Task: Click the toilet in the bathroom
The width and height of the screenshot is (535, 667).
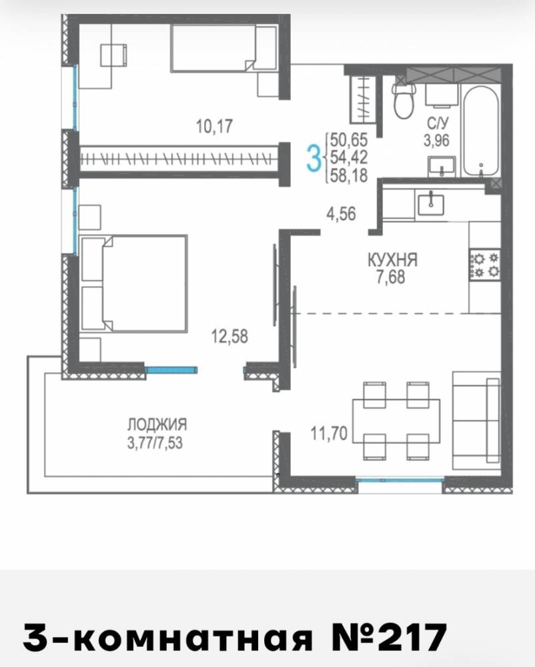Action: point(404,101)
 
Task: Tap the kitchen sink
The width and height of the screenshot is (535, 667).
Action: point(431,204)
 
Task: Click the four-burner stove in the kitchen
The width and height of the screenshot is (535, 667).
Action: point(485,264)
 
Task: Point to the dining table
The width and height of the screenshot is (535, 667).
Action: point(396,421)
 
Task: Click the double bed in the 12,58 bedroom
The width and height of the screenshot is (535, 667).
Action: point(133,283)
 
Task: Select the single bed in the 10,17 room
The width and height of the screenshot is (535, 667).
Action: point(224,47)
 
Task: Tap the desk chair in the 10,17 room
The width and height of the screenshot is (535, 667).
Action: point(113,55)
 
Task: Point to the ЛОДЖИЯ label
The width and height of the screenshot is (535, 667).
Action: point(157,424)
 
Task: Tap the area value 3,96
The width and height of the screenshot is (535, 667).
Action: point(436,140)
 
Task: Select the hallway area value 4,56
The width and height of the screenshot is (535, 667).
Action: point(341,213)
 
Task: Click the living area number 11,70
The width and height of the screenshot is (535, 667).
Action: point(329,434)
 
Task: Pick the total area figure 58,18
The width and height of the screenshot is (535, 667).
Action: point(349,175)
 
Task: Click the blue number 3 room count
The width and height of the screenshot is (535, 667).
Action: point(314,157)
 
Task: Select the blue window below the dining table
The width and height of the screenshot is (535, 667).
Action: point(400,480)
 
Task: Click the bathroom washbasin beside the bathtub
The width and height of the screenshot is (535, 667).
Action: point(442,167)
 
